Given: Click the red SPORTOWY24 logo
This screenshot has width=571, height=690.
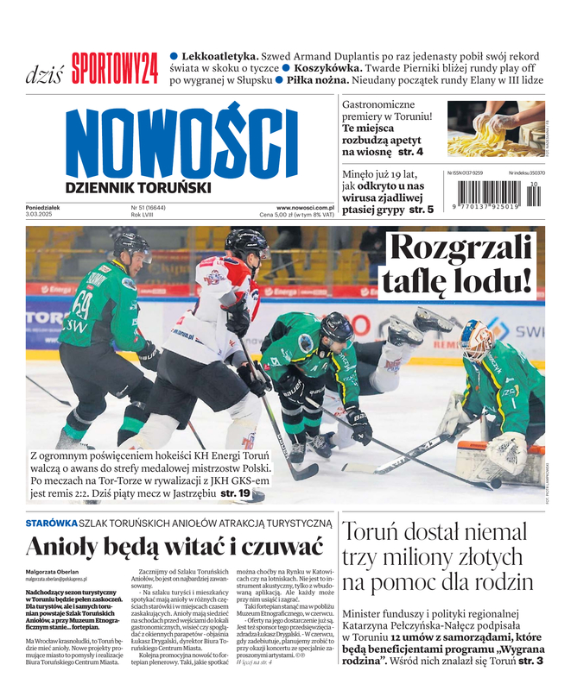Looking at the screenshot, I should (x=115, y=69).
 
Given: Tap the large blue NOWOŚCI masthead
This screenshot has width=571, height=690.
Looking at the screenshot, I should (x=181, y=142).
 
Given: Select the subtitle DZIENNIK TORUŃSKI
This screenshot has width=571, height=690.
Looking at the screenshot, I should (x=137, y=186).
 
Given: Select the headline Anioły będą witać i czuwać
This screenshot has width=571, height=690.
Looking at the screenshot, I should (x=174, y=547).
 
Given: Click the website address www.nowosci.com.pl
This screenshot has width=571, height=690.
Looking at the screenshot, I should (x=305, y=208).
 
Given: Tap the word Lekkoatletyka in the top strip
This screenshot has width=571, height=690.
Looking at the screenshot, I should (x=220, y=55).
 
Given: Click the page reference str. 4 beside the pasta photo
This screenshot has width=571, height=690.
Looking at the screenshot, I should (x=408, y=152).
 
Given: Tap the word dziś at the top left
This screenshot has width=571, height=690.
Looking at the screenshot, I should (x=43, y=73).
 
